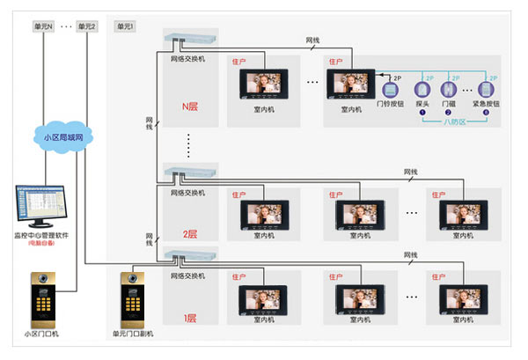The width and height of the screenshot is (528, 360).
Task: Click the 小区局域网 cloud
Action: click(61, 136)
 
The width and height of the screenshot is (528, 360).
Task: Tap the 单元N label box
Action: click(44, 26)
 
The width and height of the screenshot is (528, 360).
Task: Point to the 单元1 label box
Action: click(125, 26)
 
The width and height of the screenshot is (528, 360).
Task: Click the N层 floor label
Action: click(189, 107)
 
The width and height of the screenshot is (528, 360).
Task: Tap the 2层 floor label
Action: click(189, 235)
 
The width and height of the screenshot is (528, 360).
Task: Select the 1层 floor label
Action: click(189, 318)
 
